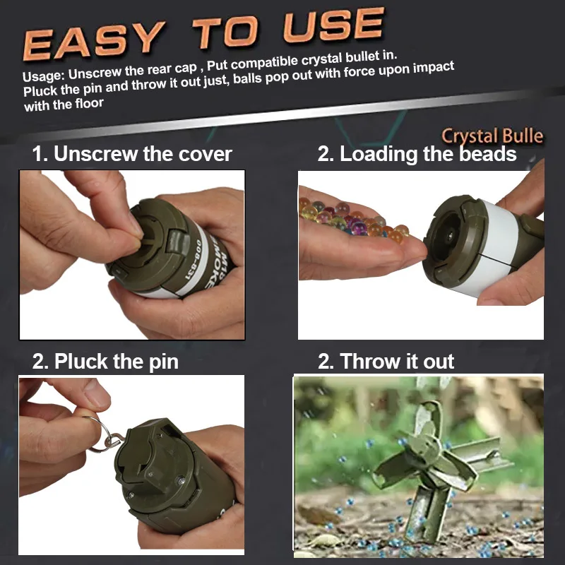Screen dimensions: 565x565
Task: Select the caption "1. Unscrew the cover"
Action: [x=132, y=154]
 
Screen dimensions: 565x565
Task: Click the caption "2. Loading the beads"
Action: [x=417, y=154]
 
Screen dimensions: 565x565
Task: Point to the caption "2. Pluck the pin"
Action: [x=105, y=362]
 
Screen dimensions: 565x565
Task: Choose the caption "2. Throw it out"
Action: [x=386, y=362]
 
